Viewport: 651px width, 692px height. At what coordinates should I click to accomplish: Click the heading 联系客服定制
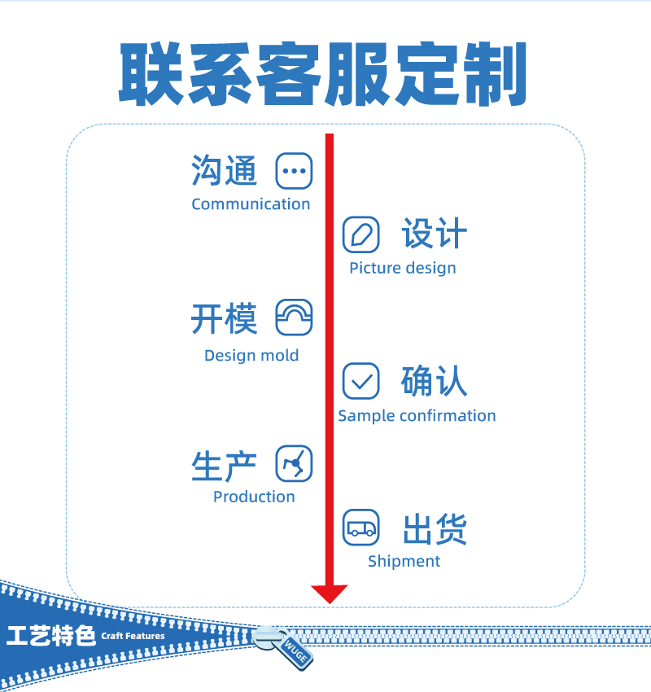[x=324, y=74]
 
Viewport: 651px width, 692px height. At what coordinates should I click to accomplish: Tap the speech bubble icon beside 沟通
[x=294, y=171]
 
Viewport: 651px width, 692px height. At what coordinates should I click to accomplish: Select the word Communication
[x=251, y=204]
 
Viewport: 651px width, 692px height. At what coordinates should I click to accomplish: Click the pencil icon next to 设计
[x=360, y=234]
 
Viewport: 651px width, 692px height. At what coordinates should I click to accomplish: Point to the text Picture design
[x=403, y=269]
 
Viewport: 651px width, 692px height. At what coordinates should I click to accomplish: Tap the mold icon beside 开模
[x=294, y=318]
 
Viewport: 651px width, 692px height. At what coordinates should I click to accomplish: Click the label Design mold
[x=251, y=356]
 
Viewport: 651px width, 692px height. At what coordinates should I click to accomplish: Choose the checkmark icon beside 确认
[x=360, y=381]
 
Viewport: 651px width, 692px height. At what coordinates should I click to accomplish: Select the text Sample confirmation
[x=417, y=416]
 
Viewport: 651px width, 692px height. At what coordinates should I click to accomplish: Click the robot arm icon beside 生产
[x=294, y=464]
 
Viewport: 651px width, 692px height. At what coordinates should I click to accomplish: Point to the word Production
[x=254, y=497]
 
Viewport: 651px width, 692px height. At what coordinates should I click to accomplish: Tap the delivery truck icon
[x=360, y=528]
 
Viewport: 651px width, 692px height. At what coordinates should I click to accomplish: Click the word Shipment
[x=404, y=562]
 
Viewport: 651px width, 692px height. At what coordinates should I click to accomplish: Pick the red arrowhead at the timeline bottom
[x=330, y=593]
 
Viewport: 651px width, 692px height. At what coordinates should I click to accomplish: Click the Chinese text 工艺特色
[x=50, y=636]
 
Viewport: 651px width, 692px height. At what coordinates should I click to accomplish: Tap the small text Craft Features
[x=133, y=636]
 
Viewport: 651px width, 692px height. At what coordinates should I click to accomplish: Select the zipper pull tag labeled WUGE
[x=293, y=652]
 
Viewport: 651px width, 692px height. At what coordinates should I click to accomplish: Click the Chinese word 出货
[x=435, y=529]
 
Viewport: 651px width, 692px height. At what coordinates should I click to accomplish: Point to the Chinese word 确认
[x=435, y=382]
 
